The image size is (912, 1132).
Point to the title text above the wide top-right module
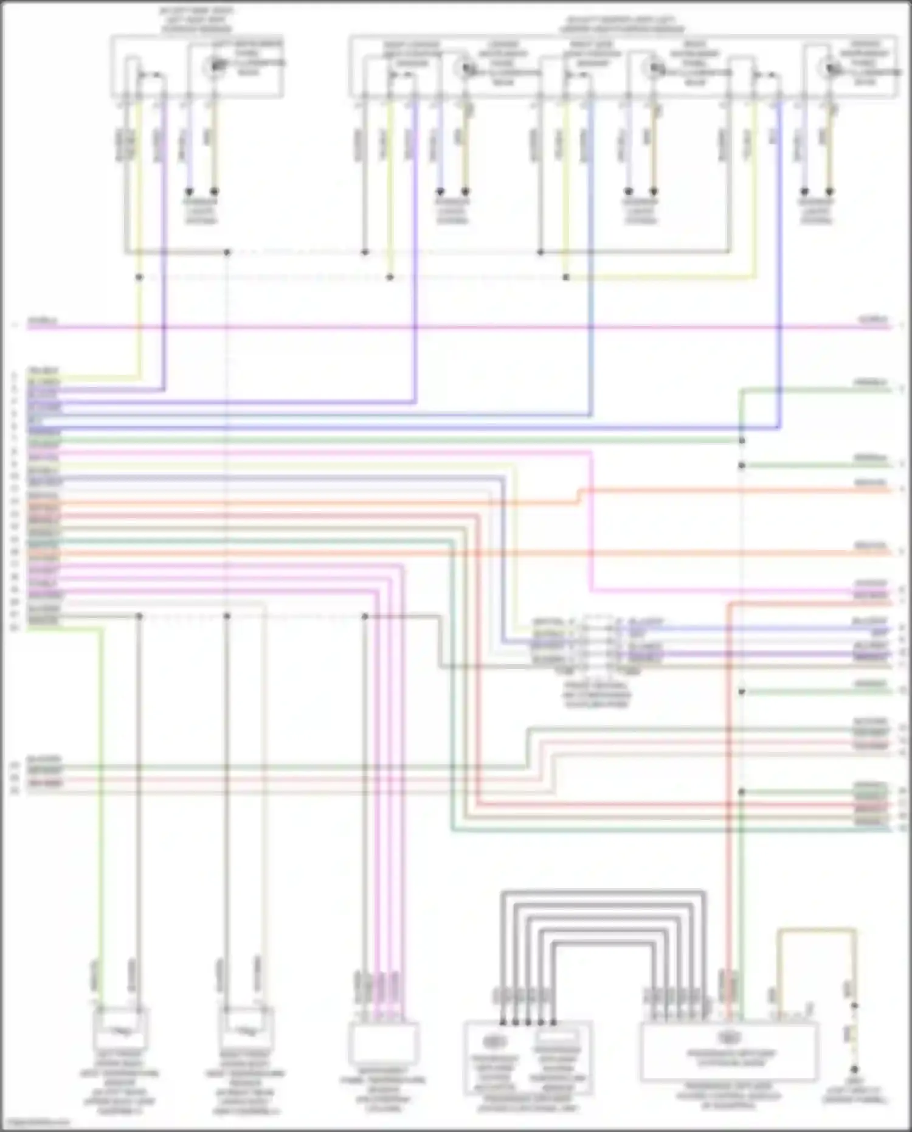622,24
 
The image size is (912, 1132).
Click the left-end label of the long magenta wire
41,321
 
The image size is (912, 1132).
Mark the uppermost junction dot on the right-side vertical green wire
742,440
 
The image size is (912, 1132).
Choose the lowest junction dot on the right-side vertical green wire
742,792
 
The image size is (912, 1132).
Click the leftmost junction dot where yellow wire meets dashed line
139,277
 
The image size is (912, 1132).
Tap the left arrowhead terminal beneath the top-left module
189,191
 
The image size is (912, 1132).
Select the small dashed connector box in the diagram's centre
598,644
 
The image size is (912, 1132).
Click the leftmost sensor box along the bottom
120,1029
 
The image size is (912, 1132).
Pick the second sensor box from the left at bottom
246,1029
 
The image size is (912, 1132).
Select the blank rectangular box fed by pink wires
383,1043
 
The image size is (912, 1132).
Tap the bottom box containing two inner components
528,1057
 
